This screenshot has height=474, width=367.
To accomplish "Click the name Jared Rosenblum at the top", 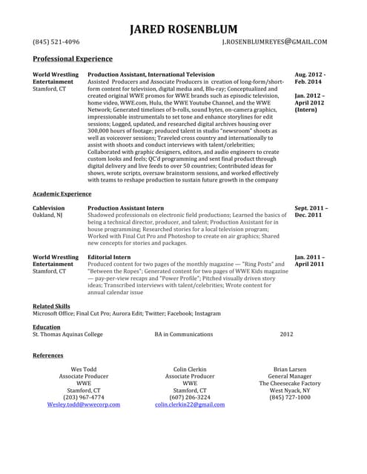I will (x=183, y=29).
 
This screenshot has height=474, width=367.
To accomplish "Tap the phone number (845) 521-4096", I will (x=56, y=42).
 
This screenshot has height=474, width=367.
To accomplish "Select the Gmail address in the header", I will (x=274, y=42).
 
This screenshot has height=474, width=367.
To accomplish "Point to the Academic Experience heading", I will (x=62, y=193).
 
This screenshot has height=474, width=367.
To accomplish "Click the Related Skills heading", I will (x=51, y=305).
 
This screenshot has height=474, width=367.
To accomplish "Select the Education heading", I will (x=47, y=326).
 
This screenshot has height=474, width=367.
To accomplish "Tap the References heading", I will (x=48, y=355).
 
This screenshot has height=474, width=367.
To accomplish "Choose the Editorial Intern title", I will (x=109, y=257).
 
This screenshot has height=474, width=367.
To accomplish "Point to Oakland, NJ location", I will (x=47, y=216).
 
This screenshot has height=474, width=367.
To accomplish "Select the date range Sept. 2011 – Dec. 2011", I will (x=311, y=212).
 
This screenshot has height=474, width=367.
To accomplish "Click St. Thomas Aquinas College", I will (x=67, y=334).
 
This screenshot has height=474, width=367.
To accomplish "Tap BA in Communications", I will (x=183, y=334).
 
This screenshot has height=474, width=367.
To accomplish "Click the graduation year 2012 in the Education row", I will (x=286, y=334).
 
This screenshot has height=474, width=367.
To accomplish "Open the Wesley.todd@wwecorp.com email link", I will (x=83, y=404).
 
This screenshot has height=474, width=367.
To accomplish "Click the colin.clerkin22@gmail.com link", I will (x=189, y=404).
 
